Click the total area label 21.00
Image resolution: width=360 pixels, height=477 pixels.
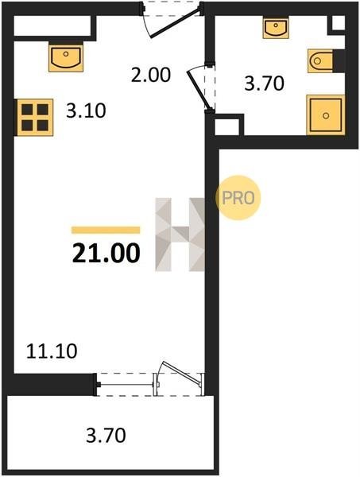click(x=106, y=253)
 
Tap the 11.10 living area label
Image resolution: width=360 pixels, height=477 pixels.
click(x=52, y=351)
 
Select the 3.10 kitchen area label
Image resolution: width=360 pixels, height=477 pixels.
click(x=86, y=111)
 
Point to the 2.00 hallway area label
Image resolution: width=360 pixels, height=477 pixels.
click(x=151, y=76)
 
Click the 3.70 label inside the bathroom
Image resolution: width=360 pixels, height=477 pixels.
click(x=264, y=83)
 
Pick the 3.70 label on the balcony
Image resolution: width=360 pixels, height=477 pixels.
click(x=106, y=435)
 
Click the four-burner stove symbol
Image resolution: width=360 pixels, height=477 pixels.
click(x=35, y=117)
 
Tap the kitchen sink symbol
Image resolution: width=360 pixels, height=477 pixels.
click(x=66, y=58)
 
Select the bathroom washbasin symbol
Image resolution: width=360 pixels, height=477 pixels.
click(x=276, y=29)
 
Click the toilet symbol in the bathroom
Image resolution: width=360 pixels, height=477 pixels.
click(x=320, y=61)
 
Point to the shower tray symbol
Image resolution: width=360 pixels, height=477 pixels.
click(x=326, y=114)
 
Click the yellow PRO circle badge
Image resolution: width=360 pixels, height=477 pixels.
click(x=238, y=198)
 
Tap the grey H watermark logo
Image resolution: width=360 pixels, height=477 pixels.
click(x=180, y=235)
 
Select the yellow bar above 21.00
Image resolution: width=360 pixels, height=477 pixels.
click(x=106, y=230)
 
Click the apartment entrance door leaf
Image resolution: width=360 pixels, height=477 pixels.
click(x=176, y=23)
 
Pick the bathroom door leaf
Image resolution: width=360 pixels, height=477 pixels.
click(x=199, y=90)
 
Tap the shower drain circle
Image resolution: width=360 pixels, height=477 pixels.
click(x=326, y=115)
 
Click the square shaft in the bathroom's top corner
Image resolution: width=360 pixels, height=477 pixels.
click(x=338, y=23)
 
